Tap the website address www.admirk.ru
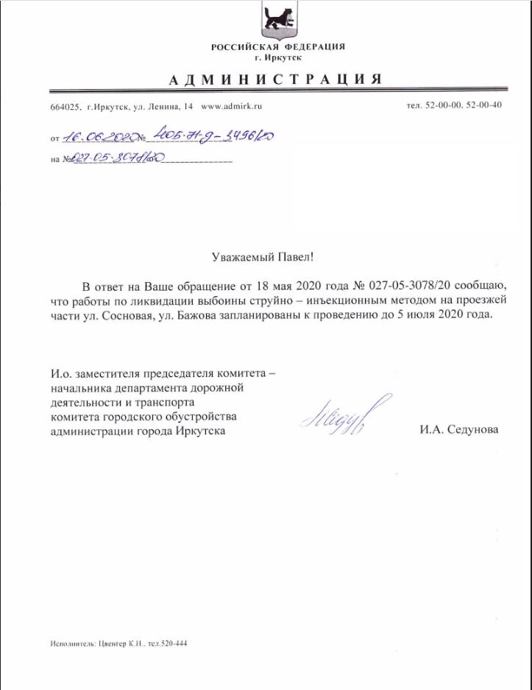click(x=232, y=106)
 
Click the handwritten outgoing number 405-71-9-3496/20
click(x=214, y=135)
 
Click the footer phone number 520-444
click(x=174, y=643)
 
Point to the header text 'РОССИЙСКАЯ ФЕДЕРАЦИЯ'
click(x=277, y=47)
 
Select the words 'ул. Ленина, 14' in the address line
click(x=163, y=106)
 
